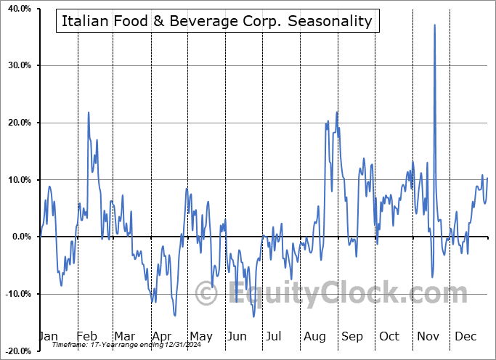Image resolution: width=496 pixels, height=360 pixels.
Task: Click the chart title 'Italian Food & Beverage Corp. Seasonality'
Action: (217, 21)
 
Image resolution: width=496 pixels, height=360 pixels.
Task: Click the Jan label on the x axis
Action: (47, 336)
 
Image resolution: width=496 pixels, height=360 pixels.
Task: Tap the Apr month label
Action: (160, 336)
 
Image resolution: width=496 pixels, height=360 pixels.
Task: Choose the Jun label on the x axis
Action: (237, 336)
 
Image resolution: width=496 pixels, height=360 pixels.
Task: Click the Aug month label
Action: (314, 336)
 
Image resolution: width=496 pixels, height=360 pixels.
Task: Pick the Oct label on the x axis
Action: (389, 336)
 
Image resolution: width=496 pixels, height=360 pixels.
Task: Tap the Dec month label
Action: (465, 336)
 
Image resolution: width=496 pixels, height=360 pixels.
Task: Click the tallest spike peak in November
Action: (434, 25)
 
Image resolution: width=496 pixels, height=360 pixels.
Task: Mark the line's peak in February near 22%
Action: (89, 112)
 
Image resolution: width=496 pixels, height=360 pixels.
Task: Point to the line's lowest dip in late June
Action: (253, 316)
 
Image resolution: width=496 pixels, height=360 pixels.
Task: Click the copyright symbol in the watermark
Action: (208, 294)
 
